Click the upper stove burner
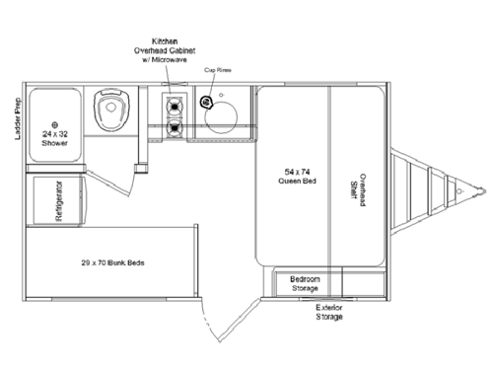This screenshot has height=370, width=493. [x=176, y=105]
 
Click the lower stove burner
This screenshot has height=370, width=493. [x=176, y=127]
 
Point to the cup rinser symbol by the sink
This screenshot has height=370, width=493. [x=206, y=102]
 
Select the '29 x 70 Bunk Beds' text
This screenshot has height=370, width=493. [x=114, y=263]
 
